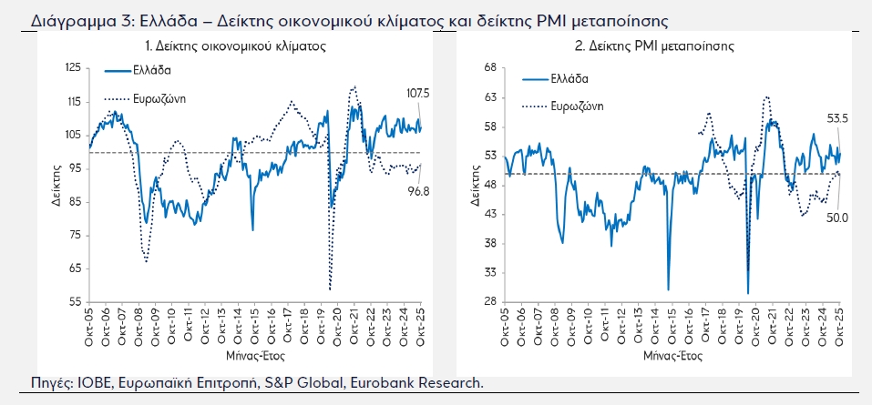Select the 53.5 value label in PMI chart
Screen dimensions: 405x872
(837, 117)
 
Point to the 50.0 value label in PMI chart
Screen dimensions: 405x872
(838, 218)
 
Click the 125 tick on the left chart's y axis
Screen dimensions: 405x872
(73, 68)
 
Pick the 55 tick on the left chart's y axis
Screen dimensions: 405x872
(76, 301)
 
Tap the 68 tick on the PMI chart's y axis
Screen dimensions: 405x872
(490, 67)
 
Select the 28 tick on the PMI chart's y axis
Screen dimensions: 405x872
(490, 301)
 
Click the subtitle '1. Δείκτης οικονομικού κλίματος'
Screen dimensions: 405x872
(236, 45)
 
